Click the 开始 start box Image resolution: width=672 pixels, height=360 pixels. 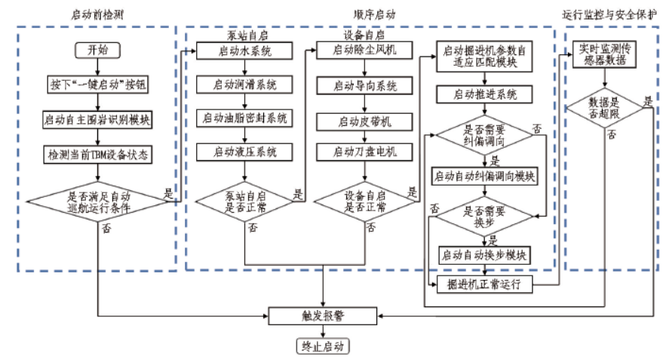(x=98, y=50)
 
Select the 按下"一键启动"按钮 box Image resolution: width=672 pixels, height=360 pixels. (x=98, y=85)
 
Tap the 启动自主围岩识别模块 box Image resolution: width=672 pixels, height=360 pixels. (x=98, y=119)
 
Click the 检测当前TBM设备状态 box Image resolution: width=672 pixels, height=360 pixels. (x=98, y=155)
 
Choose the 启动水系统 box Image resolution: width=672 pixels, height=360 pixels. (x=244, y=51)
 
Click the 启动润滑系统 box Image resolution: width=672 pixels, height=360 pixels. (x=244, y=85)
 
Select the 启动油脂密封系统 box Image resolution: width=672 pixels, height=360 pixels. (x=244, y=118)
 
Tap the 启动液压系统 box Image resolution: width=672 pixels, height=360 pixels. (x=244, y=152)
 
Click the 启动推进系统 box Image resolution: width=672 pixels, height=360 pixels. (x=486, y=94)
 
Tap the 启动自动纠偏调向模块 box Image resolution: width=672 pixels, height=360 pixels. (x=486, y=177)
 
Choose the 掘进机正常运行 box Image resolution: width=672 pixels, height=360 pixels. (x=486, y=285)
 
